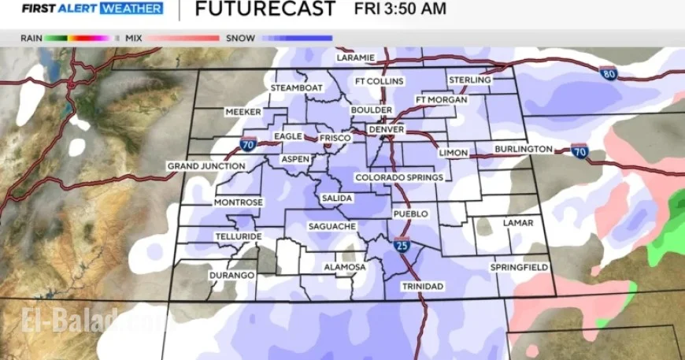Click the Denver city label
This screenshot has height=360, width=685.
[x=386, y=129]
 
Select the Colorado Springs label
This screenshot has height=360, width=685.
[x=399, y=178]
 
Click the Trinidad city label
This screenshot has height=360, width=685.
[x=422, y=286]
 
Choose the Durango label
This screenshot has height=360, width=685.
[x=231, y=275]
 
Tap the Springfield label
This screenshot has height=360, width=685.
[x=519, y=268]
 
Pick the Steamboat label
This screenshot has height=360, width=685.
[x=297, y=88]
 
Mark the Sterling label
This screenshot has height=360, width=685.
[x=470, y=80]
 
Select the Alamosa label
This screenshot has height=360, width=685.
[x=345, y=267]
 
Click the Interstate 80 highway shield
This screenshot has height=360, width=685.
[x=611, y=73]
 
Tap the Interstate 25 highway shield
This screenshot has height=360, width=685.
[x=402, y=246]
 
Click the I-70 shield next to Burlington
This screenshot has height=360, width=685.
[x=579, y=149]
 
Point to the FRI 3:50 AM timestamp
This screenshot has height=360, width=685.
[x=400, y=9]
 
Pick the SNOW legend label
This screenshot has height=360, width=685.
[x=240, y=38]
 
